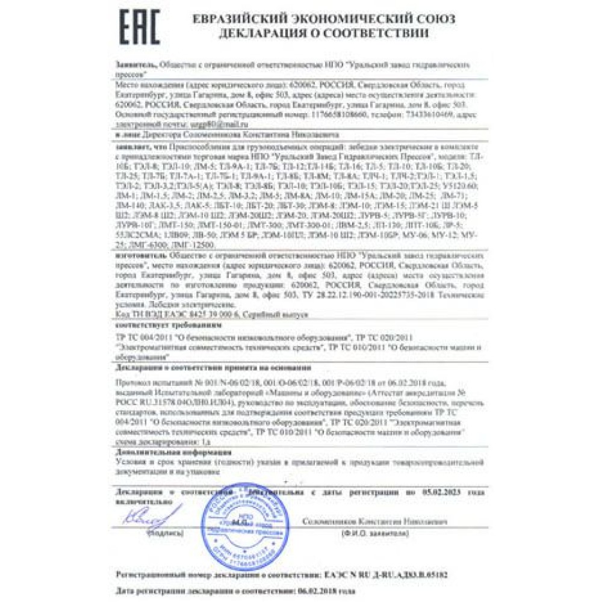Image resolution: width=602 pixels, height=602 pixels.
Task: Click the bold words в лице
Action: [125, 136]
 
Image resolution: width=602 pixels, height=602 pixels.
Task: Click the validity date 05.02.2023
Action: [442, 492]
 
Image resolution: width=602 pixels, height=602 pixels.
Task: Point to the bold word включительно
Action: [140, 501]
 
